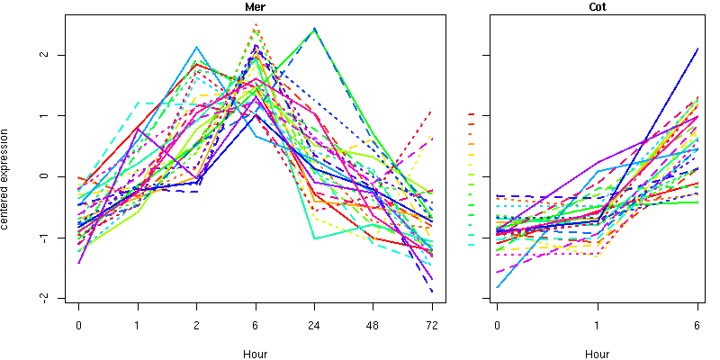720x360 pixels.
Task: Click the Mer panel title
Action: [255, 7]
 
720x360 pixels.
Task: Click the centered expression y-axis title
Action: [7, 175]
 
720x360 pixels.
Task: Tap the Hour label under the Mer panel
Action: [255, 354]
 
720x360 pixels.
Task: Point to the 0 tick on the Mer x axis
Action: [79, 325]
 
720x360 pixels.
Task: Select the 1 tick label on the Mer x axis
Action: [138, 325]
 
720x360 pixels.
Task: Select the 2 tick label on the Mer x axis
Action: [197, 325]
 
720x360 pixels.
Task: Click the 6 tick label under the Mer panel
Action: [256, 325]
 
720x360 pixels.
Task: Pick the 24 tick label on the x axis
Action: [314, 325]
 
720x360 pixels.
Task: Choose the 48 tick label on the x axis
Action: [373, 325]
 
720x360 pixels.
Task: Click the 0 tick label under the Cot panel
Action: [498, 325]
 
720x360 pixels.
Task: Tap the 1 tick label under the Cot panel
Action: [598, 325]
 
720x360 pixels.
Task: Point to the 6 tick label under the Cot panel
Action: [698, 325]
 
